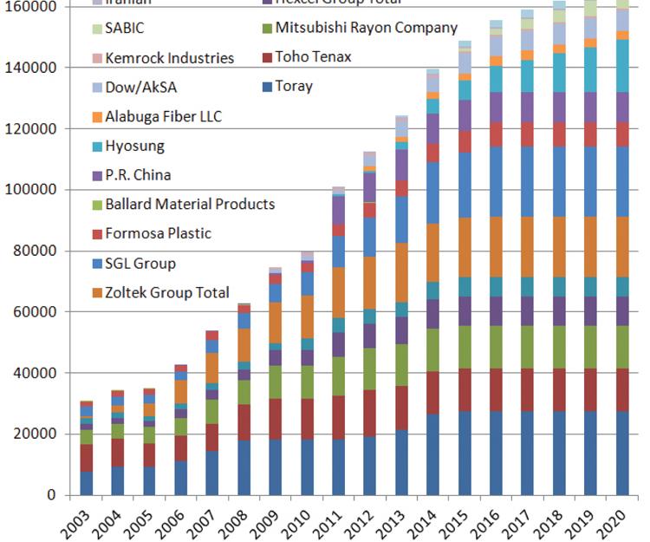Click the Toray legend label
coord(294,86)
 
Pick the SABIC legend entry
coord(126,28)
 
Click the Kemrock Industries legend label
coord(169,58)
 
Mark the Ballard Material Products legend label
coord(190,205)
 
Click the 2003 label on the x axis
coord(82,523)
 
